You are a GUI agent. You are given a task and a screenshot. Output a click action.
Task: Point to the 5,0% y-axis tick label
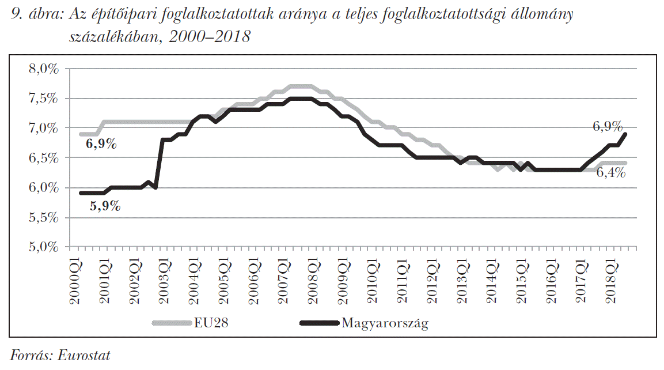pyautogui.click(x=44, y=247)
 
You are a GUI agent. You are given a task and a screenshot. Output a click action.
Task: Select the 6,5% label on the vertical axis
pyautogui.click(x=44, y=158)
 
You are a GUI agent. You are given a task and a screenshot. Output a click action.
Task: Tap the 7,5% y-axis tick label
pyautogui.click(x=44, y=99)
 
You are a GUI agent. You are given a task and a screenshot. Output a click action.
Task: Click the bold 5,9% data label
pyautogui.click(x=105, y=206)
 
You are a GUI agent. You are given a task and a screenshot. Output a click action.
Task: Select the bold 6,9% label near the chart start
pyautogui.click(x=101, y=144)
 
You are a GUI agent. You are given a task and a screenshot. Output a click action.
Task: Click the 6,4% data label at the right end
pyautogui.click(x=611, y=173)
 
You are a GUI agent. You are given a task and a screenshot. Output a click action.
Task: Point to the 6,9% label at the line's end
pyautogui.click(x=608, y=126)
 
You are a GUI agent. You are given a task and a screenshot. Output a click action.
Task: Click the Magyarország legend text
pyautogui.click(x=385, y=323)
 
